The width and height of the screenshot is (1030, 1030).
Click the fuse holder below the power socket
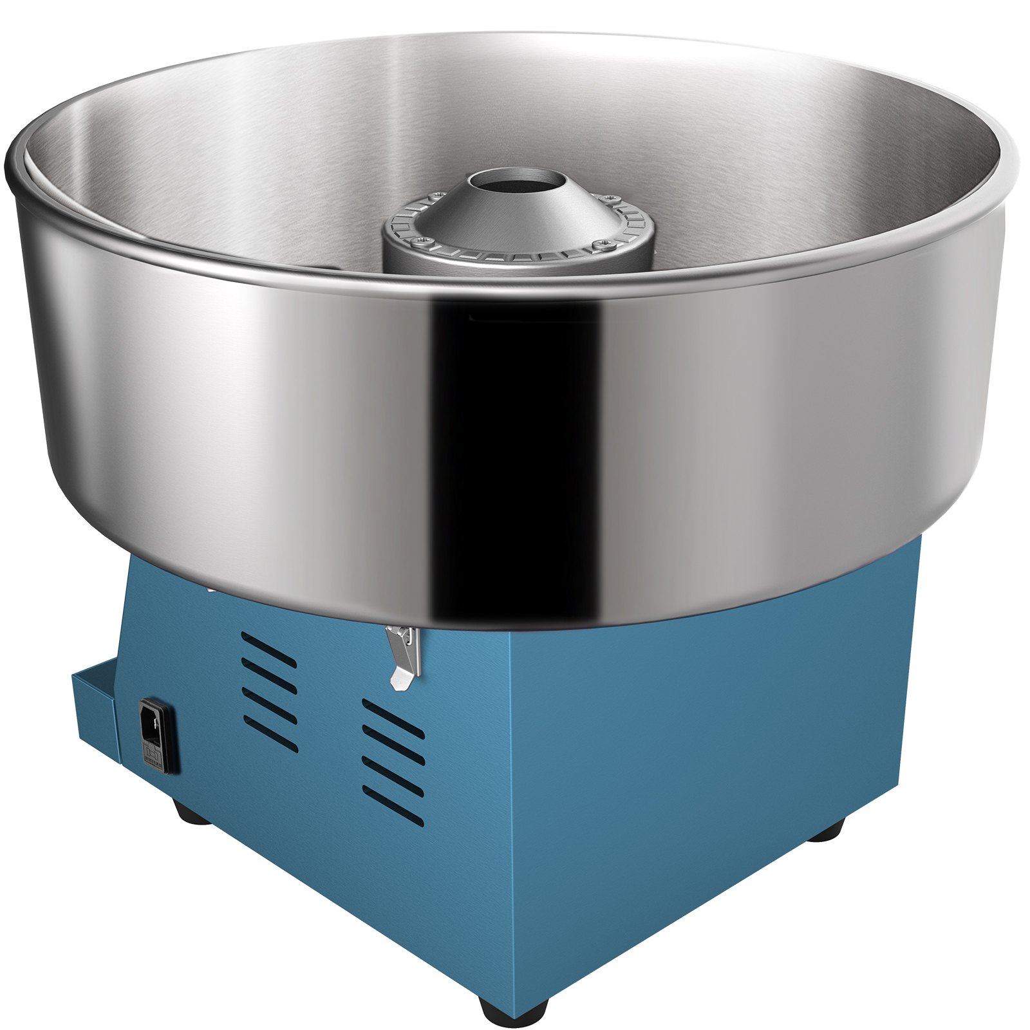(x=153, y=753)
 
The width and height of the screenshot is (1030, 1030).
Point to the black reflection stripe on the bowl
(x=515, y=451)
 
